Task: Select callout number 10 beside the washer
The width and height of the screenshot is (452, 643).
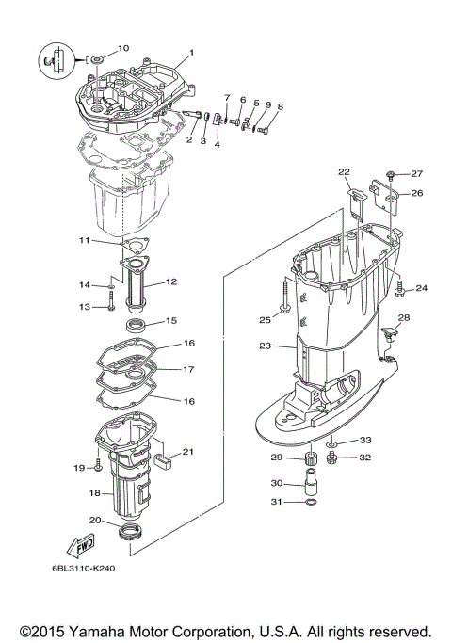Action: click(123, 48)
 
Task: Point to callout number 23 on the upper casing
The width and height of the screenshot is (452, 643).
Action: click(265, 346)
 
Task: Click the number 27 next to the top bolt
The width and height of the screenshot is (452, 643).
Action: click(417, 173)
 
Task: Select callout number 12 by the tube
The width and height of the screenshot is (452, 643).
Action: click(171, 281)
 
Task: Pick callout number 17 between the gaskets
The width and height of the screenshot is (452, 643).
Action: click(188, 370)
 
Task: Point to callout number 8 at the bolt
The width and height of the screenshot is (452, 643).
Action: click(279, 107)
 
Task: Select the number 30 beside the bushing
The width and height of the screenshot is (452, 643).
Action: click(276, 483)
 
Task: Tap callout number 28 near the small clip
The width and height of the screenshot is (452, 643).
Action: click(403, 317)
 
